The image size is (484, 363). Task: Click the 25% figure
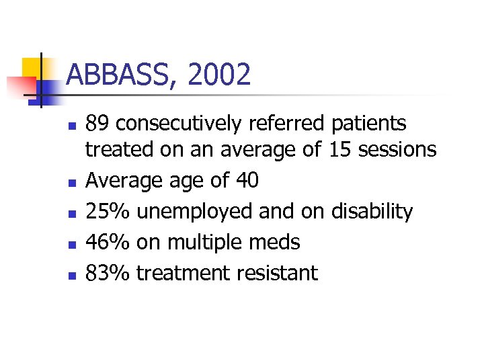tap(108, 211)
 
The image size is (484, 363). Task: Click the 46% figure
tap(108, 242)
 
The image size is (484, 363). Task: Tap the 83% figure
tap(108, 273)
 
